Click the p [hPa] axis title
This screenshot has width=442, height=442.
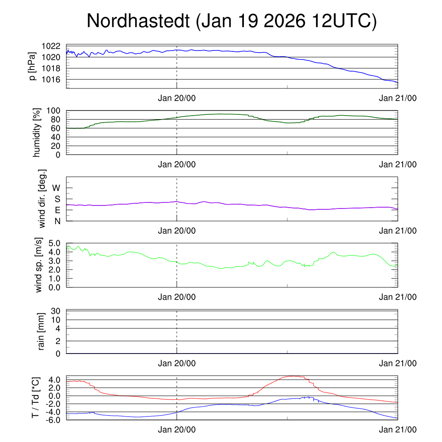[33, 66]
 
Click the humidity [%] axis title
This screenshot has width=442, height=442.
[37, 133]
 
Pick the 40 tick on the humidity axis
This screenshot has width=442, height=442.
[57, 137]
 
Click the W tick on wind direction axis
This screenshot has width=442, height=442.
[57, 188]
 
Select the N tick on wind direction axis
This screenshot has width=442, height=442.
[57, 221]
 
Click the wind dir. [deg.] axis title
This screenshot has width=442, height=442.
[42, 199]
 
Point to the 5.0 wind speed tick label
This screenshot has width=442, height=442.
[54, 243]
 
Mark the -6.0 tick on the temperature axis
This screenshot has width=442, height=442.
[53, 419]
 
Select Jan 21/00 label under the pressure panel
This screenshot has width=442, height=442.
[398, 98]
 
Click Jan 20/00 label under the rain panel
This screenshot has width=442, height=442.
[177, 363]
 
